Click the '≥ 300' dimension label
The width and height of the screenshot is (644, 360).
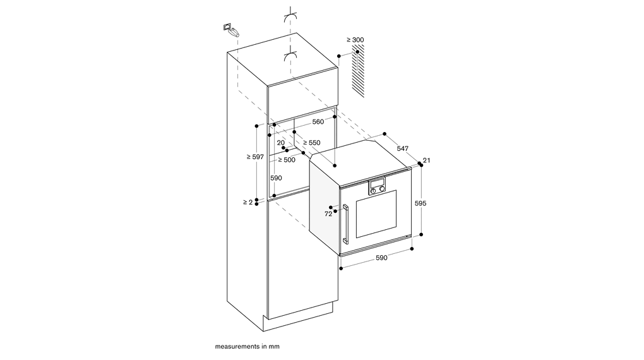[x=355, y=40]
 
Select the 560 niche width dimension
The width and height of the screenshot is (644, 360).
[x=318, y=121]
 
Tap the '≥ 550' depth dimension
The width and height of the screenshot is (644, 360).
[x=311, y=143]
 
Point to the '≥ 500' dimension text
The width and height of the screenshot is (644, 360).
[x=287, y=160]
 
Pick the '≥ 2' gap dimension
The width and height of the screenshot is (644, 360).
[x=247, y=202]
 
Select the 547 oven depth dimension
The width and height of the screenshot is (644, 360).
[x=402, y=148]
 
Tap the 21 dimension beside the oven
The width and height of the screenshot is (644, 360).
[x=426, y=160]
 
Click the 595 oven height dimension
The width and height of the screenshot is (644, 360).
[x=420, y=203]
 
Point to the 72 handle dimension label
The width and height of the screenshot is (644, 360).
[x=328, y=214]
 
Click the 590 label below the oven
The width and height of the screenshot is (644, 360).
[x=381, y=258]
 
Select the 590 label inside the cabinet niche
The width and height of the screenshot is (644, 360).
[x=276, y=178]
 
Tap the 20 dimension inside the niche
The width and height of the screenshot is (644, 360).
[x=280, y=143]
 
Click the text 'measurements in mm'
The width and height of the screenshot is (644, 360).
[x=247, y=347]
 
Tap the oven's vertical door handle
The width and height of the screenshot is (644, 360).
[x=346, y=224]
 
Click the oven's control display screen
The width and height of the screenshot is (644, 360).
[x=377, y=184]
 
